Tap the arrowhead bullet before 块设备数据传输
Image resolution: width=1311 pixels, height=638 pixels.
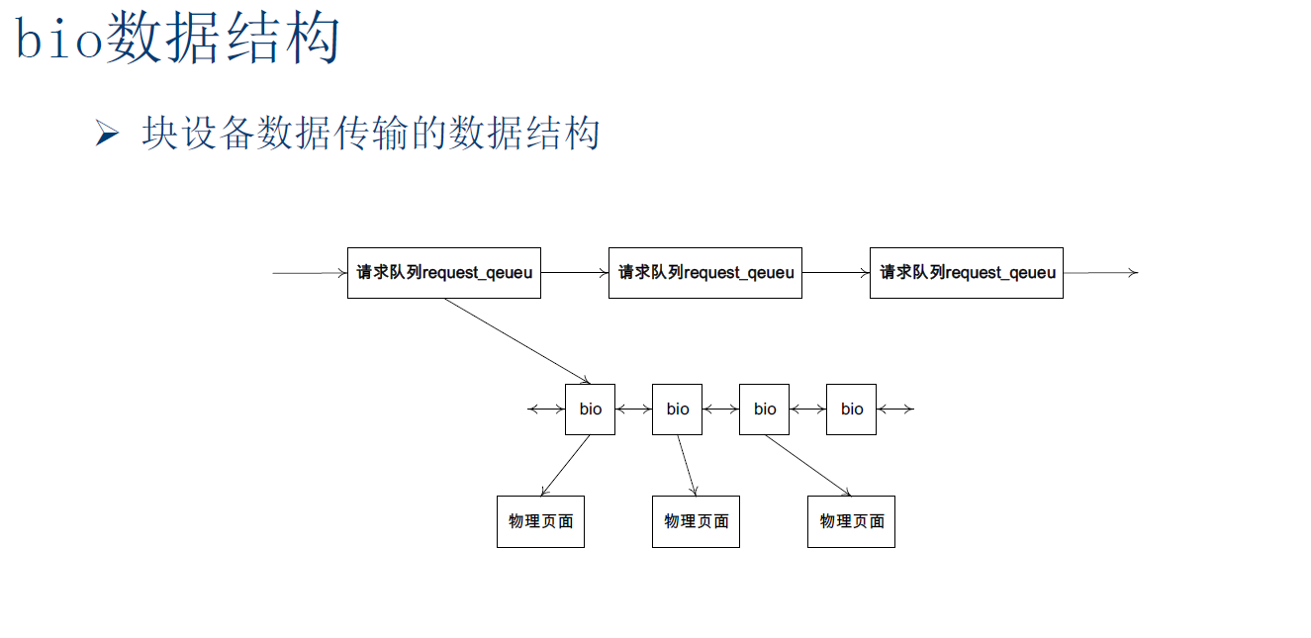pos(107,134)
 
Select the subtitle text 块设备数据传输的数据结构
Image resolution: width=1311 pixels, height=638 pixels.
pos(371,134)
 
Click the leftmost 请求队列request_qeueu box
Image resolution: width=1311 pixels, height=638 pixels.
pos(443,273)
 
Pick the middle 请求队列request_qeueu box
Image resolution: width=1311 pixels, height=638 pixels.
pos(704,273)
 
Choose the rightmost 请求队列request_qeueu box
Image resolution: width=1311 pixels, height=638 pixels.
pos(966,273)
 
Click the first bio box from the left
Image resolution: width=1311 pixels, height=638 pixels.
pos(590,410)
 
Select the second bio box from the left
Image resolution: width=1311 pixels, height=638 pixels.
pos(677,410)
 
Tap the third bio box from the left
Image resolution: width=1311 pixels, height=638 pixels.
pos(764,410)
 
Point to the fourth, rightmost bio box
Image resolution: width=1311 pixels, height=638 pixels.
pos(851,410)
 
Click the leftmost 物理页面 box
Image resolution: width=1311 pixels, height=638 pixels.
pos(540,521)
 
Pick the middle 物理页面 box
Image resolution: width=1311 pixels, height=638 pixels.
pos(696,521)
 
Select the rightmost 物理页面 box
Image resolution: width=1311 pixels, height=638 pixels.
pos(851,521)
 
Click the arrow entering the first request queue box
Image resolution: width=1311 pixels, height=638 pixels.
pos(310,273)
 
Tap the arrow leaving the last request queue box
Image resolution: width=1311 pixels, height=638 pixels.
pos(1100,273)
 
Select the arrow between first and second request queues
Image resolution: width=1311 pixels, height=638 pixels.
pos(574,273)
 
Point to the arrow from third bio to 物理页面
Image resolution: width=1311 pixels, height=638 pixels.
pos(807,465)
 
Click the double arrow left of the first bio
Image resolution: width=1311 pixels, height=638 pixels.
pos(546,410)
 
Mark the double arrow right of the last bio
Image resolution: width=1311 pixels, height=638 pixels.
pos(894,410)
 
